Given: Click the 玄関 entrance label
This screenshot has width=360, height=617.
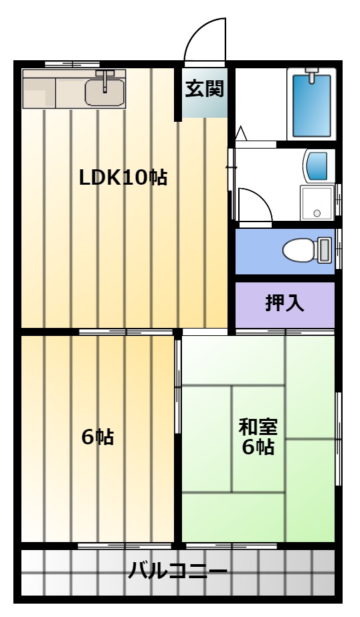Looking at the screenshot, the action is tap(205, 89).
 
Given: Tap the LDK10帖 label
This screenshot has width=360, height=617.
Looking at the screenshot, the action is tap(123, 178).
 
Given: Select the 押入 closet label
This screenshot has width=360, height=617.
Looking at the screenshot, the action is tap(284, 303).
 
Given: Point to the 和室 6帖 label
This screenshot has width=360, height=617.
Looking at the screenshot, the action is tap(258, 437).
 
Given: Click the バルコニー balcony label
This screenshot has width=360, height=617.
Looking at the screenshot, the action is tap(178, 571).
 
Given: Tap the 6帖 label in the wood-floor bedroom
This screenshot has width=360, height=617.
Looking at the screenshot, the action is tap(98, 437).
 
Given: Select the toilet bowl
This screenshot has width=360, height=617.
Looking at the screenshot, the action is tap(298, 250).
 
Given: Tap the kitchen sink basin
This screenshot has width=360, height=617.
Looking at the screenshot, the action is tap(104, 92).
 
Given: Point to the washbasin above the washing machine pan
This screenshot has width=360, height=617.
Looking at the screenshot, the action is tap(316, 166).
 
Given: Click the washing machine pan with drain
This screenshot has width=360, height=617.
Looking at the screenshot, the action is tap(317, 203).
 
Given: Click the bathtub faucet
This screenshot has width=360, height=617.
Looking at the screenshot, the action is tap(311, 75).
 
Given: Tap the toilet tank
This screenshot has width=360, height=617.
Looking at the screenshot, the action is tap(324, 250).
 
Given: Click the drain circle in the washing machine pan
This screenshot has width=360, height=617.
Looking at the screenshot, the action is tap(317, 213).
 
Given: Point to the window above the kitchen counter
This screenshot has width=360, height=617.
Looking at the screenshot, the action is tap(72, 64).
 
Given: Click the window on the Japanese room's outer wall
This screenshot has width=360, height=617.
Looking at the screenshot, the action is tap(339, 439).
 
